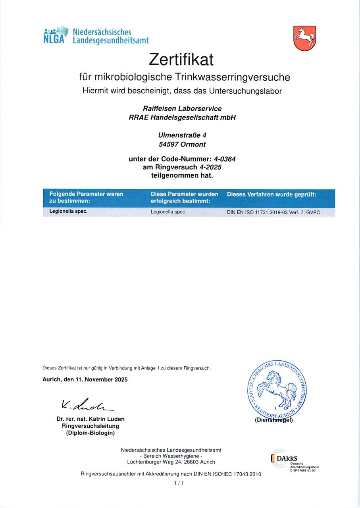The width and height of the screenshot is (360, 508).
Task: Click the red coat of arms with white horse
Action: pyautogui.click(x=304, y=38)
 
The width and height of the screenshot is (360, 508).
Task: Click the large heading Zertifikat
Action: pyautogui.click(x=181, y=60)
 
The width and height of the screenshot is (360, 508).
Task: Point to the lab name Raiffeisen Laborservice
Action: pyautogui.click(x=182, y=108)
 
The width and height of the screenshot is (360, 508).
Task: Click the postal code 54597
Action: pyautogui.click(x=169, y=144)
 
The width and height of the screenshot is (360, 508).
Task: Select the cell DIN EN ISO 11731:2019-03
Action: pyautogui.click(x=273, y=212)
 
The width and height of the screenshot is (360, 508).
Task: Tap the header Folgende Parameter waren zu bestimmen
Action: pyautogui.click(x=86, y=198)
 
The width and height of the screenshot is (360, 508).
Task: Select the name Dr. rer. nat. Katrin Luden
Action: pyautogui.click(x=90, y=419)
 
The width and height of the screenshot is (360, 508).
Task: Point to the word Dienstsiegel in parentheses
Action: pyautogui.click(x=274, y=420)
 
